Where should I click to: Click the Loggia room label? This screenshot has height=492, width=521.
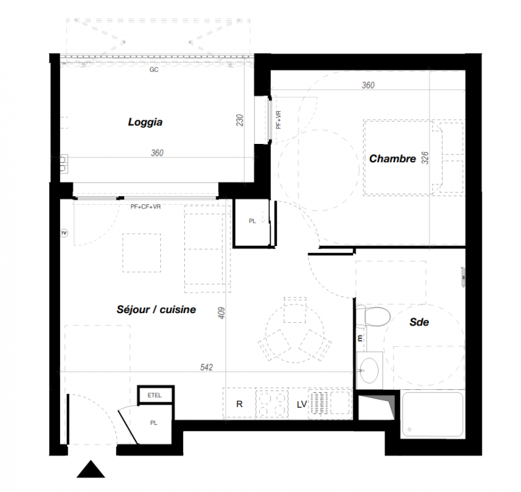pos(145,122)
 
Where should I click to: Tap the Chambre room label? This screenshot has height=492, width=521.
pos(393,159)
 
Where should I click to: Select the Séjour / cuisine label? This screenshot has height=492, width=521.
pos(156,309)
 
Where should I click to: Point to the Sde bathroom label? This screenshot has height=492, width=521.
pos(419,322)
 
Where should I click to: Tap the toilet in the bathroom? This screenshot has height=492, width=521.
pos(374,316)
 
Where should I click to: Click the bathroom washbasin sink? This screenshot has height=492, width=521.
pos(369,370)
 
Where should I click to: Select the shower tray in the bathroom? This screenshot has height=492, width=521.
pos(433,414)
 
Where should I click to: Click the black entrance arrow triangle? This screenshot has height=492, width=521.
pos(91,469)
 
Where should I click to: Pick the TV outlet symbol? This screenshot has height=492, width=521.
pos(64,233)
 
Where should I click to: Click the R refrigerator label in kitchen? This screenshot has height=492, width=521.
pos(239,404)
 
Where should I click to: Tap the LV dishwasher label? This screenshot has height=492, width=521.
pos(302,405)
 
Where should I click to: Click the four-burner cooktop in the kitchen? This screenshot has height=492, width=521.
pos(272,404)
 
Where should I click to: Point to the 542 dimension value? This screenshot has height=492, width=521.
pos(206,367)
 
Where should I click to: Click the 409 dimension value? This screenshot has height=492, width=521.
pos(222,312)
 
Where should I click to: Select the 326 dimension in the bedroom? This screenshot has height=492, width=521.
pos(425,157)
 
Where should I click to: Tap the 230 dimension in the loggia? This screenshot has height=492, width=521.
pos(240,120)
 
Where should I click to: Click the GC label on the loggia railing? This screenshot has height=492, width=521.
pos(154,69)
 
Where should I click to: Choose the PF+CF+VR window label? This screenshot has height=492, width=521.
pos(146,207)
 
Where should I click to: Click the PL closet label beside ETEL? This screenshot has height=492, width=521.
pos(154,423)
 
